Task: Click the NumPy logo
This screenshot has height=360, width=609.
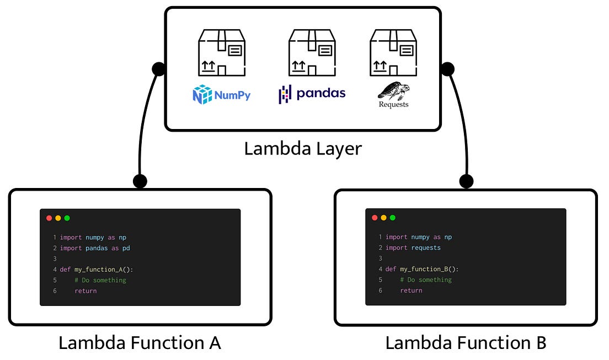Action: point(221,95)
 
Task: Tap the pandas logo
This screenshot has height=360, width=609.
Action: point(312,94)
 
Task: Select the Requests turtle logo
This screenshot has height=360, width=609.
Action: point(393,94)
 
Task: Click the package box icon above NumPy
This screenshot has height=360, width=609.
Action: point(222,53)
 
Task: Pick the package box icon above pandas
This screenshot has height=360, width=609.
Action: point(312,53)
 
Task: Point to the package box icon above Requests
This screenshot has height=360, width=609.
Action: point(392,53)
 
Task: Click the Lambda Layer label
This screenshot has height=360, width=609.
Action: point(303,148)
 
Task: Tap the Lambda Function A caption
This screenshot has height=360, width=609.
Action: point(140,343)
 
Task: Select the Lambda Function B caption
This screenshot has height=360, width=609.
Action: point(466,343)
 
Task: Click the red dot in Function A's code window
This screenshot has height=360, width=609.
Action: point(49,218)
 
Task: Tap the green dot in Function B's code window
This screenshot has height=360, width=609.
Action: point(393,218)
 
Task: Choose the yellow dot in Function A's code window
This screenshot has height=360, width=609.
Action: point(58,218)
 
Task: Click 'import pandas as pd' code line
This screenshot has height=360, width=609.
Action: point(94,248)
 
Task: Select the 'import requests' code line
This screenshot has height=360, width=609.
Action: point(413,248)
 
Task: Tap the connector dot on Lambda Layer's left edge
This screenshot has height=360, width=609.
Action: point(158,69)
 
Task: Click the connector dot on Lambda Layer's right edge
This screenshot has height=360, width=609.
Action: point(447,69)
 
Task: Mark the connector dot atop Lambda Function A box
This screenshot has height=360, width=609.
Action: point(140,181)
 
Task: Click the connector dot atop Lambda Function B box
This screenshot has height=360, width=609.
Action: point(466,181)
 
